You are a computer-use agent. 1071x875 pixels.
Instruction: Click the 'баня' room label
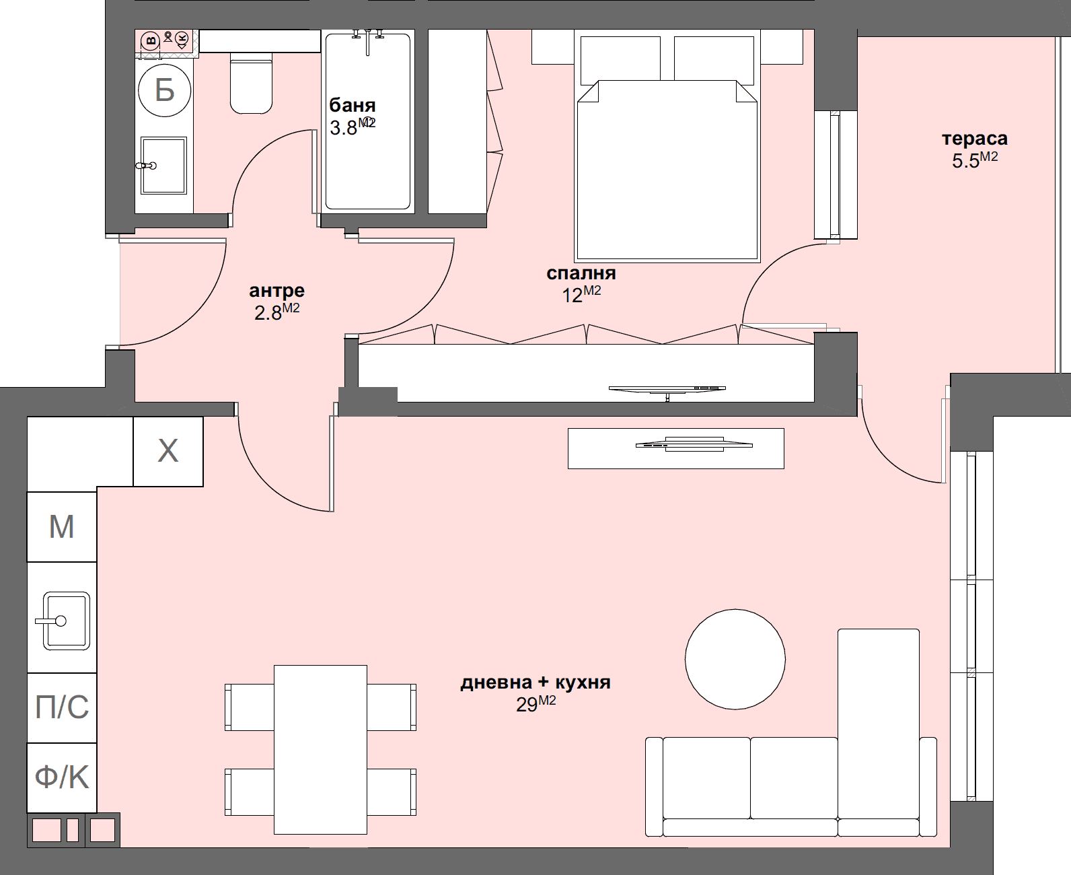[352, 106]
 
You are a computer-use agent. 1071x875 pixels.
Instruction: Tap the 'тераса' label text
[974, 139]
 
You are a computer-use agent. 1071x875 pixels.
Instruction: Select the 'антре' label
[276, 291]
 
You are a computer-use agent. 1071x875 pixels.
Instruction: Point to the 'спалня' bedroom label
[581, 273]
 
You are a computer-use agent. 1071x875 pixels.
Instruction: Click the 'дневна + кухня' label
[535, 682]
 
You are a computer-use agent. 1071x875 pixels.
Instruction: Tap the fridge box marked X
[168, 451]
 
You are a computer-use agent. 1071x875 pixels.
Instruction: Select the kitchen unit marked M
[62, 526]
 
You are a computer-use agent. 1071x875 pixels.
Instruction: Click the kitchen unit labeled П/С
[62, 707]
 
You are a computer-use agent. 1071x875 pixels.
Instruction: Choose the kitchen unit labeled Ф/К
[62, 777]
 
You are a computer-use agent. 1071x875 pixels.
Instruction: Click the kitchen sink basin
[66, 621]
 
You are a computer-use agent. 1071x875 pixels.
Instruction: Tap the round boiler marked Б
[165, 90]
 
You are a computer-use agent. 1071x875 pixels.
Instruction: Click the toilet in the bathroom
[252, 84]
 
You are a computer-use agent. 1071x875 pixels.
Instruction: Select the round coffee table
[735, 659]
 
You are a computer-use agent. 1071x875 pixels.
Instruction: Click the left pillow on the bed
[620, 59]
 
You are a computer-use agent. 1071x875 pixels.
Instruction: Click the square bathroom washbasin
[163, 165]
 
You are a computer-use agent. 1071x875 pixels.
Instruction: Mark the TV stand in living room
[675, 448]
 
